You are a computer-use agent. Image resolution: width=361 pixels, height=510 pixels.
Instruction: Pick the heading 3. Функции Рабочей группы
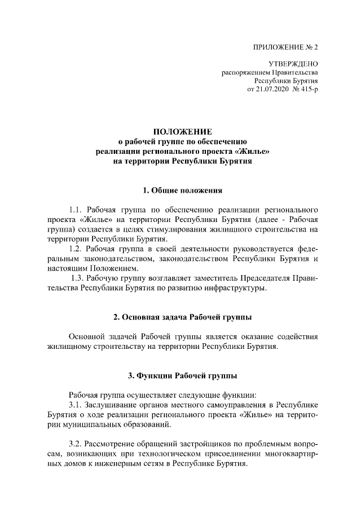(178, 375)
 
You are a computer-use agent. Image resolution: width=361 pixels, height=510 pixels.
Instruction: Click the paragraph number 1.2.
(76, 249)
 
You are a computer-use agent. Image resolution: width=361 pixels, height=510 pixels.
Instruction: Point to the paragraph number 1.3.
(78, 278)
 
